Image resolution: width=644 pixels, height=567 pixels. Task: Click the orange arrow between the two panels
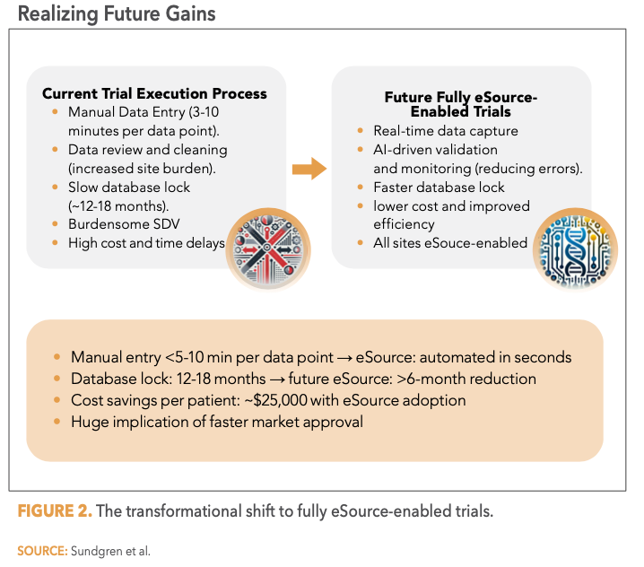(x=309, y=168)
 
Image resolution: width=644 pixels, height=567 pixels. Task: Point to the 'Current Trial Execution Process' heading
(x=154, y=93)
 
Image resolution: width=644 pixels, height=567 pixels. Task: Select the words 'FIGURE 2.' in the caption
(x=53, y=511)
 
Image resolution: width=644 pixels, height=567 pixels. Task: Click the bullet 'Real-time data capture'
(x=427, y=131)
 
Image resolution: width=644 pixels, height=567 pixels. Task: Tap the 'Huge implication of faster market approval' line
(x=217, y=422)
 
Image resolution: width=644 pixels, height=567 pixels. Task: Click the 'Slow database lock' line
(x=128, y=188)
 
